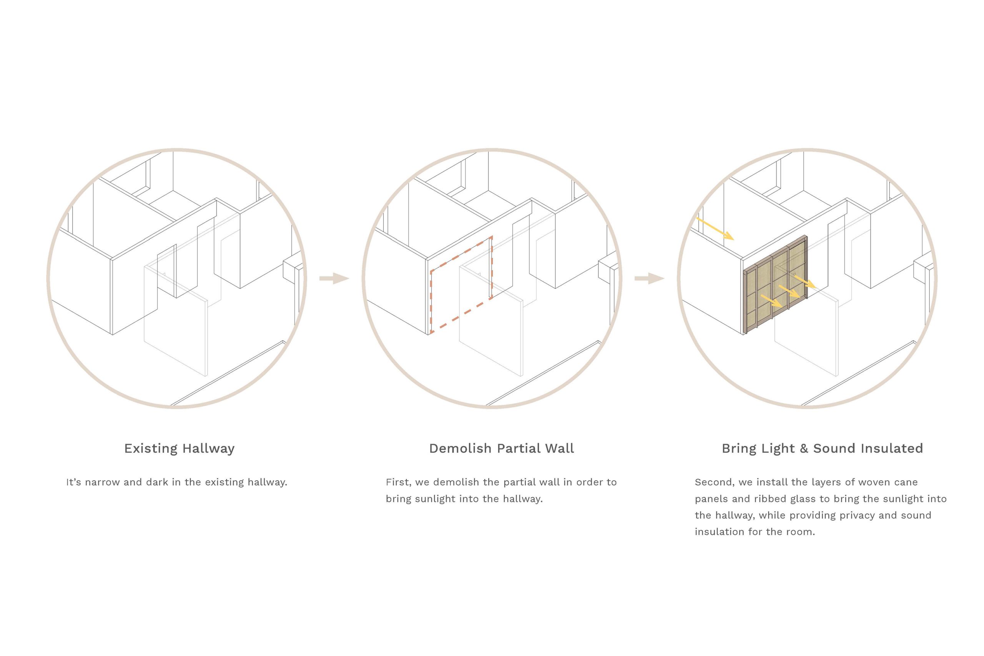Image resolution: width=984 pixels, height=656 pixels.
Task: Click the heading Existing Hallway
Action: (180, 448)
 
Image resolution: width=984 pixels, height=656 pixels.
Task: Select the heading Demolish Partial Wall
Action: (501, 448)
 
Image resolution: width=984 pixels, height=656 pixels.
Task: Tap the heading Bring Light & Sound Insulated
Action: (822, 448)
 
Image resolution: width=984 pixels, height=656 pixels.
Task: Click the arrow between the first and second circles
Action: (334, 278)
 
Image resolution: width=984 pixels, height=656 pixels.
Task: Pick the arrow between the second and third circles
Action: (650, 278)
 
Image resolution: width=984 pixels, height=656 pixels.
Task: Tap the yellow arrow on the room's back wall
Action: (715, 228)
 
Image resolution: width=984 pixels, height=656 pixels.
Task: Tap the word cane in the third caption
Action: (906, 482)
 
